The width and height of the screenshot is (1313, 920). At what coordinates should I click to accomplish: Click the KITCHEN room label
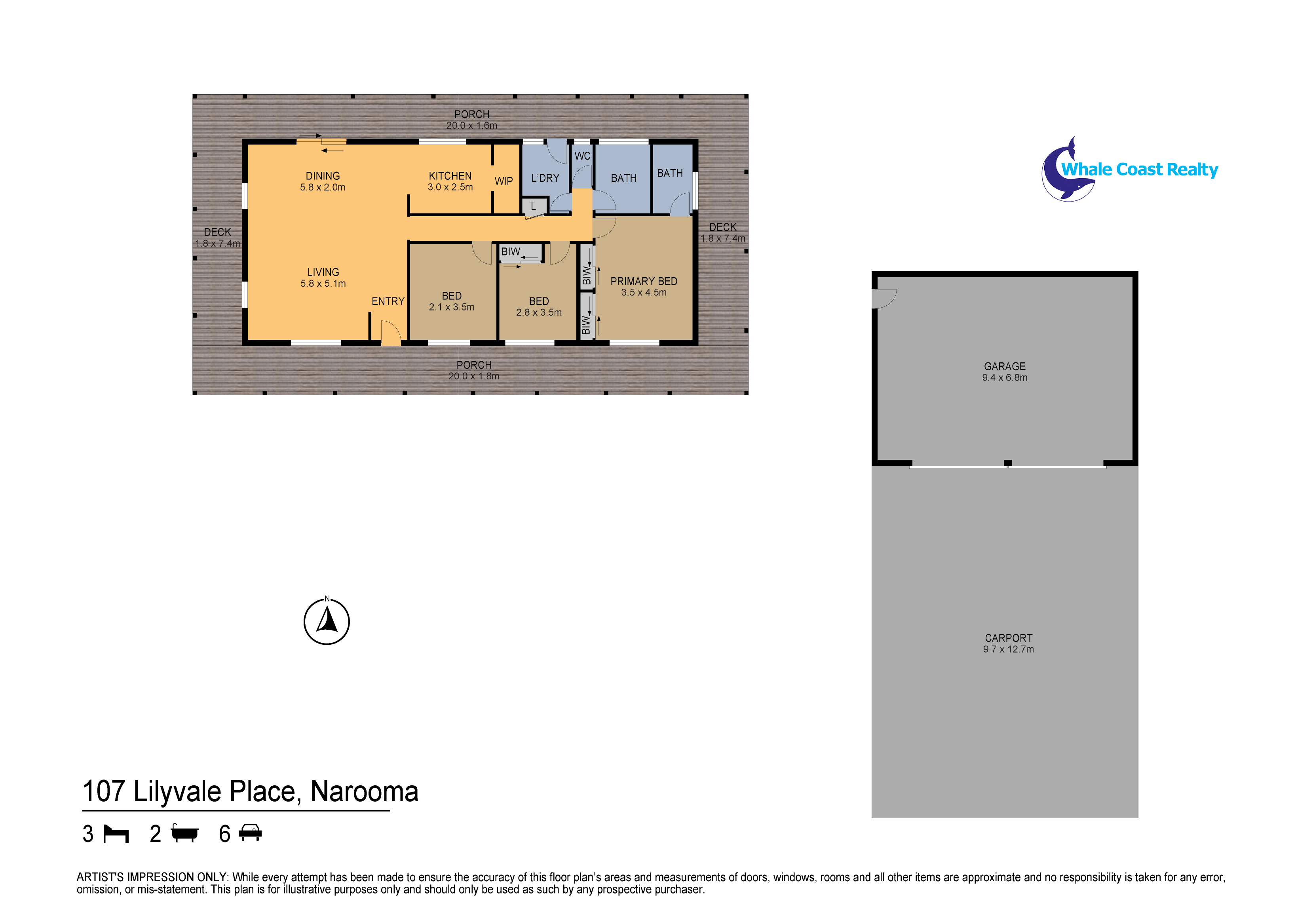[450, 176]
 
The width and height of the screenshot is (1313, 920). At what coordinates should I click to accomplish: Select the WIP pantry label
[503, 181]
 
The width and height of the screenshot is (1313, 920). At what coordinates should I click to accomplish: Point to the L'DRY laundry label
[545, 179]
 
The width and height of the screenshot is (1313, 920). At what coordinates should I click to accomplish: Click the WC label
[582, 156]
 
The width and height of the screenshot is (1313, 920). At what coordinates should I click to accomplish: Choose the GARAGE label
[1004, 366]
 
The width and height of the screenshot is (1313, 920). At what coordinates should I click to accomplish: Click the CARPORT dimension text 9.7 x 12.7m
[1008, 650]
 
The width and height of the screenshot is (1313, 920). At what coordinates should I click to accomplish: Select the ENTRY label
[388, 301]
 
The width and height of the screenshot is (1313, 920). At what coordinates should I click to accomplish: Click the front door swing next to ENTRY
[391, 333]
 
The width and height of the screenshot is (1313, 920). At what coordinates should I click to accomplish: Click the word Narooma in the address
[364, 792]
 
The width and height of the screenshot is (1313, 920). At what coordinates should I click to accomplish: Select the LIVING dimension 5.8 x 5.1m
[323, 284]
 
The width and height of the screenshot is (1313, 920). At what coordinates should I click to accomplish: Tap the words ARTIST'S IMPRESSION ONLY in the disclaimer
[152, 877]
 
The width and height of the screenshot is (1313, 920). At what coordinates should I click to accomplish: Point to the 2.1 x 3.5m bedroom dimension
[451, 307]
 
